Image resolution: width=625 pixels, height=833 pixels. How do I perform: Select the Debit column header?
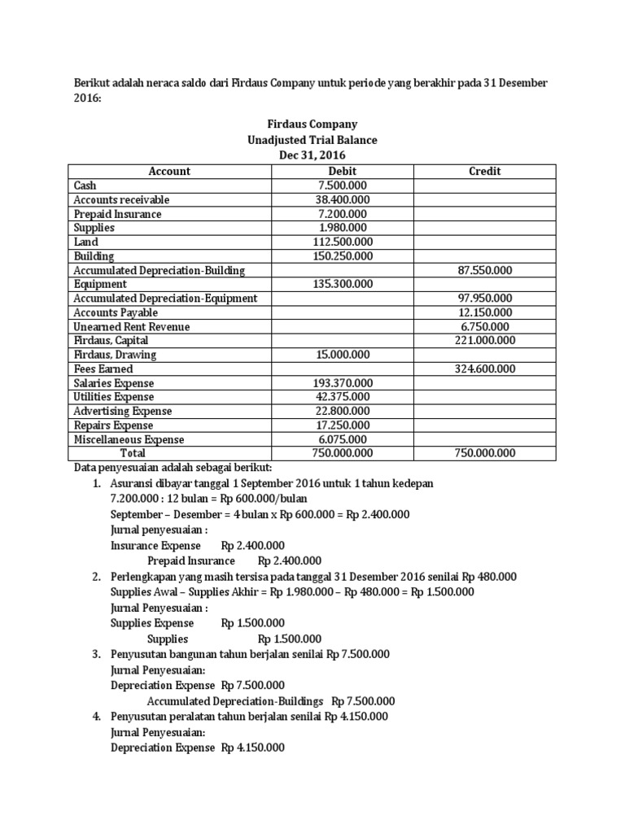[x=342, y=171]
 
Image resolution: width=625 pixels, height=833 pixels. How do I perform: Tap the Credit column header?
[x=485, y=171]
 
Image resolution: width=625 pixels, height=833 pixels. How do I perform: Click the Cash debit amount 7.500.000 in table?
[x=342, y=185]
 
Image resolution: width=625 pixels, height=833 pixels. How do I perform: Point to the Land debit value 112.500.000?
[x=342, y=242]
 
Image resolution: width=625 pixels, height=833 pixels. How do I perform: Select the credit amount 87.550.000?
[x=485, y=270]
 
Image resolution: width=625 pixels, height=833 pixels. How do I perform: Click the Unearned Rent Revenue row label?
[x=132, y=326]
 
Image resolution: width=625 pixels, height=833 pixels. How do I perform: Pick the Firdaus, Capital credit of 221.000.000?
[x=485, y=341]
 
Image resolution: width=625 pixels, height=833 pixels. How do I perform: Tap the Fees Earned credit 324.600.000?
[x=485, y=369]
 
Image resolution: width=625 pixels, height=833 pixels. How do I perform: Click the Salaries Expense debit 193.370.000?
[x=342, y=383]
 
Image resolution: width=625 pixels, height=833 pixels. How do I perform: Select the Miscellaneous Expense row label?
[x=129, y=439]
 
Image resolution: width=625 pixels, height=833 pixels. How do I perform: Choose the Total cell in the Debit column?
[x=342, y=453]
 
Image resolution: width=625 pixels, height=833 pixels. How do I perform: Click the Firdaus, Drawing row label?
[x=115, y=355]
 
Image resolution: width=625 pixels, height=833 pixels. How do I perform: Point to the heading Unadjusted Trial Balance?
[x=312, y=140]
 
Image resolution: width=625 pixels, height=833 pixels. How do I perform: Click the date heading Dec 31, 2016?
[x=312, y=155]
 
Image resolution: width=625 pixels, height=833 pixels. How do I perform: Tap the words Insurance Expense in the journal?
[x=153, y=545]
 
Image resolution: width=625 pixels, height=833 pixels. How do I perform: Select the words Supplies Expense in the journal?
[x=152, y=622]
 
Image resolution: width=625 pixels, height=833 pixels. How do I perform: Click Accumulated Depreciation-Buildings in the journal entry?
[x=235, y=700]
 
